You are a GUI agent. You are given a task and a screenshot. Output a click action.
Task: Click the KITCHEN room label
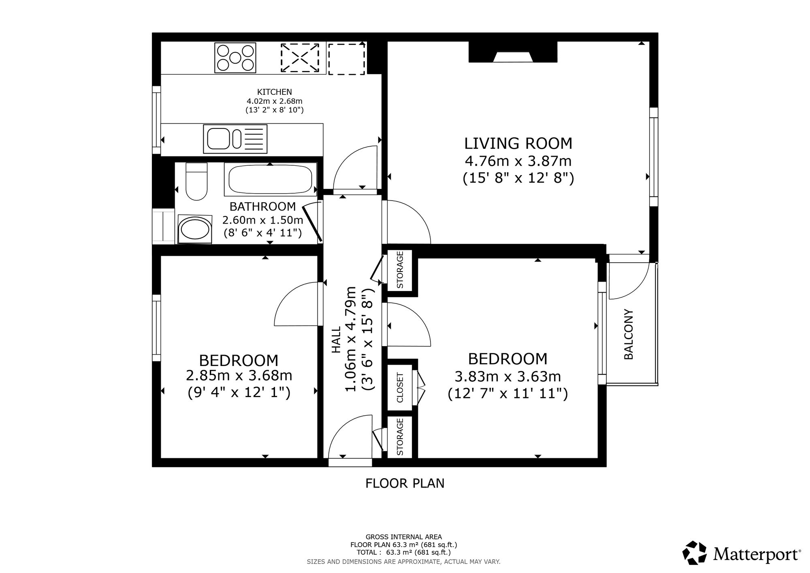pos(275,92)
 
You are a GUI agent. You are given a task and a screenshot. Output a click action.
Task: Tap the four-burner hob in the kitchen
pos(236,58)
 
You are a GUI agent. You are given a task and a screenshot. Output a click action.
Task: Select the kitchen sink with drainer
pos(235,139)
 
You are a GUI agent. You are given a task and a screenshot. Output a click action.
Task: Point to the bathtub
pos(271,179)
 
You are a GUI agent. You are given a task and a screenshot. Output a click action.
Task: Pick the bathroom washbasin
pos(195,229)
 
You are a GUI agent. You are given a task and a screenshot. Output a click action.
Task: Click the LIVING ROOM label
pos(518,143)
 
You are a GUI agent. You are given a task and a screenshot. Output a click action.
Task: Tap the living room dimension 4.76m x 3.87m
pos(518,161)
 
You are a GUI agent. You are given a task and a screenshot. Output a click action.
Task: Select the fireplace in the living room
pos(513,52)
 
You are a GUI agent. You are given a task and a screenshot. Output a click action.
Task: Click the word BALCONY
pos(629,334)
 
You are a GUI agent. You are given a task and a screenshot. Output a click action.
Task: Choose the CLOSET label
pos(400,387)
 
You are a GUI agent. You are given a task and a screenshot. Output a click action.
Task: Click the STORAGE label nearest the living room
pos(400,270)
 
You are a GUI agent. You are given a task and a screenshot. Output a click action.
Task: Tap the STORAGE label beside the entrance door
pos(400,437)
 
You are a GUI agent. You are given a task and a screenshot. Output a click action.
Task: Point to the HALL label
pos(337,340)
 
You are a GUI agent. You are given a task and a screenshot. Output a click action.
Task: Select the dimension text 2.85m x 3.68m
pos(239,376)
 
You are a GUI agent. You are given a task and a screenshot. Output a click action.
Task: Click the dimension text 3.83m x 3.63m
pos(508,377)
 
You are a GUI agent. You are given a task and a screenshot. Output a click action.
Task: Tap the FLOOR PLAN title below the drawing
pos(405,483)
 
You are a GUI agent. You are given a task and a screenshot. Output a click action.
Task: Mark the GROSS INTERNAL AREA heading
pos(404,537)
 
